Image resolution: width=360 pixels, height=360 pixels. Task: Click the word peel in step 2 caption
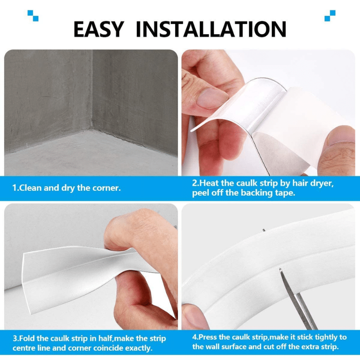tap(201, 193)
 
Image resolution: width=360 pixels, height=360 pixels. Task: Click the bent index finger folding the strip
tap(135, 229)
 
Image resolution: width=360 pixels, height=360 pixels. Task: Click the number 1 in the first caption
tap(14, 188)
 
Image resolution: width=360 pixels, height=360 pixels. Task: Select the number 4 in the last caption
tap(194, 337)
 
